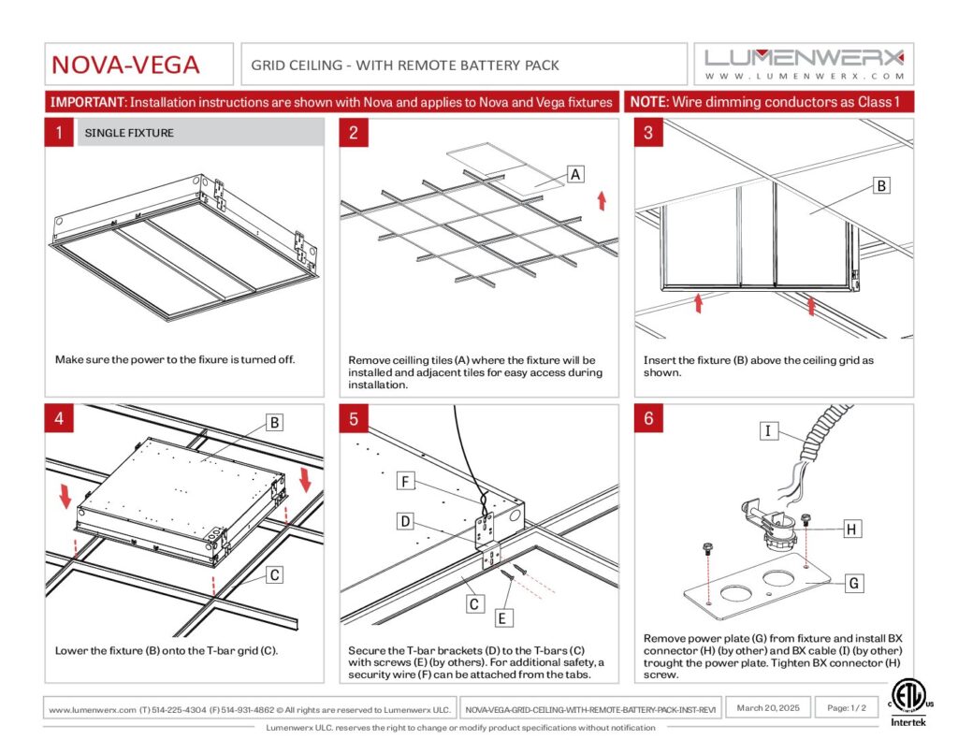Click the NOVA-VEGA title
[125, 65]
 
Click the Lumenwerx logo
[805, 64]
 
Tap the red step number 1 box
[58, 133]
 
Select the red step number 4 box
[58, 418]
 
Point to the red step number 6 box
[648, 418]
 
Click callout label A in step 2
[576, 174]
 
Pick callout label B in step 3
[880, 186]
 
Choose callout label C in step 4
[274, 575]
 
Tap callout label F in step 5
[404, 482]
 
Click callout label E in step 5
[501, 617]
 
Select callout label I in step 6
[767, 430]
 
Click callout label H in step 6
[850, 530]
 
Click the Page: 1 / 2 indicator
[848, 708]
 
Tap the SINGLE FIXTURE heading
[129, 133]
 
